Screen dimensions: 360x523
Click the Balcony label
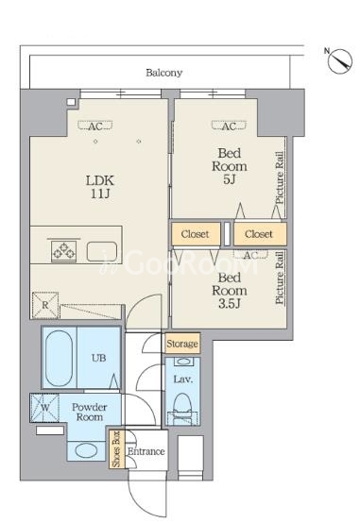164,73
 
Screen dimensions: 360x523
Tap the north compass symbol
339,61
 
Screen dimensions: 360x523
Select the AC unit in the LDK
95,127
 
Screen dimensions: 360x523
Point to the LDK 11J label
100,187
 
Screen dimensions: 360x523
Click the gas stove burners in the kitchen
63,250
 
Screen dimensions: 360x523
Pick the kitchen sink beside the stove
102,251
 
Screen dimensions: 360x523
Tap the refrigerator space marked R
45,305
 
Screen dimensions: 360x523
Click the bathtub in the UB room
59,358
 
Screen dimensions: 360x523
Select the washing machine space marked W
44,408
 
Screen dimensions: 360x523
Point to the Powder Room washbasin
86,451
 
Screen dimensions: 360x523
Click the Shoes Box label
116,449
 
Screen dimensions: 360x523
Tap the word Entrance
146,451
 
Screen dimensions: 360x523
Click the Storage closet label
182,344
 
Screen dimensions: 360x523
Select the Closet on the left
196,234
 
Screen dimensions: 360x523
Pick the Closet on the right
259,234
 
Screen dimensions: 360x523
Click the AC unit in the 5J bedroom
229,127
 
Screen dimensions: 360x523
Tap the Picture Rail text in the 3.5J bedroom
280,278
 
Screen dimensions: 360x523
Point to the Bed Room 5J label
230,166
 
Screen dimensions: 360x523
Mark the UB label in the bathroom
99,358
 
